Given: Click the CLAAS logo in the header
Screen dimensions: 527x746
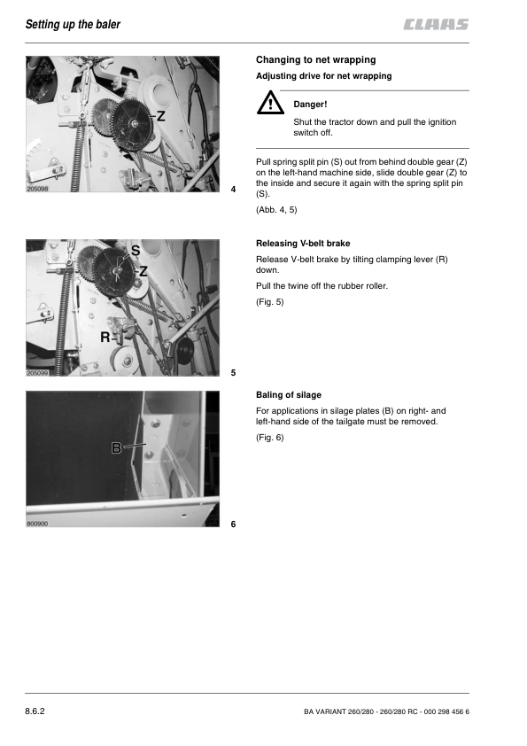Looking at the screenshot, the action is pos(436,24).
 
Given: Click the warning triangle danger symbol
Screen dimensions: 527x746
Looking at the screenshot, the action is pos(270,103).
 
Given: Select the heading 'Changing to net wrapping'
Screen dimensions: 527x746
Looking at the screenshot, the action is pos(316,60).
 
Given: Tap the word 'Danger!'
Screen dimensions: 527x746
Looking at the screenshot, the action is pos(310,105).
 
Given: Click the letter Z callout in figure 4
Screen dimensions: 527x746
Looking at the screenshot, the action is pos(161,115).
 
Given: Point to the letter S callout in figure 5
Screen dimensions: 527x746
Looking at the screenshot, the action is pos(136,250).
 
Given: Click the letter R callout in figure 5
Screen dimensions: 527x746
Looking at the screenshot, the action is pos(105,338).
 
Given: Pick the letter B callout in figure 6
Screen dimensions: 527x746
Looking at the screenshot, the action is pos(116,447).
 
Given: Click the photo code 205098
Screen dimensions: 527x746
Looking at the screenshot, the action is pos(37,189).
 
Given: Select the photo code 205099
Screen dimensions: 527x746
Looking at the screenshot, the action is pos(37,373).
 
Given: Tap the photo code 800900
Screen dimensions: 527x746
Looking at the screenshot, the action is pos(37,524).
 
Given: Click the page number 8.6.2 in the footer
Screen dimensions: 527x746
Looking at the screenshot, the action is pos(35,711).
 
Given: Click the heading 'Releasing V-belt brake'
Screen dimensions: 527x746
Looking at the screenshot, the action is pos(303,244).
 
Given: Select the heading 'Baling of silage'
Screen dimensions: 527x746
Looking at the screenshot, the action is pos(289,395).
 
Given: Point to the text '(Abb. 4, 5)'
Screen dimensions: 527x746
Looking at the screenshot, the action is pos(276,210).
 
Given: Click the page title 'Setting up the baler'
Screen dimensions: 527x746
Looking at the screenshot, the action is pos(73,24).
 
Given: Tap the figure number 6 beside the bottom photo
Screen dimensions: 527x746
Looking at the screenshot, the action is pos(233,524).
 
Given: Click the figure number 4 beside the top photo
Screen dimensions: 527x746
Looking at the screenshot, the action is pos(233,190).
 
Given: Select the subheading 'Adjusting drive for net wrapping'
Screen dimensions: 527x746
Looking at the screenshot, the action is pos(324,76).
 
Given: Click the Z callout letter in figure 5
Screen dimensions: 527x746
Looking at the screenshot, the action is pos(143,271).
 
